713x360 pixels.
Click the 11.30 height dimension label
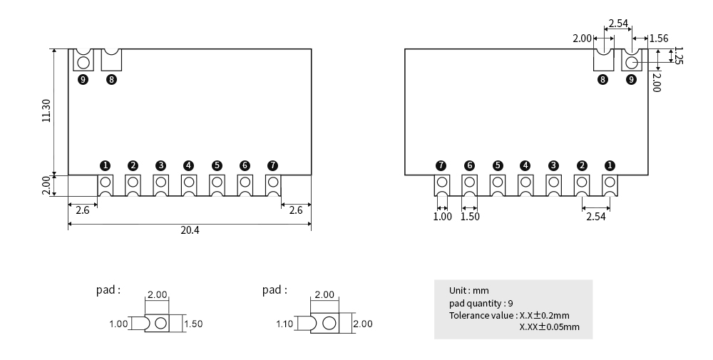[46, 110]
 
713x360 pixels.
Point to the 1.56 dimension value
[658, 38]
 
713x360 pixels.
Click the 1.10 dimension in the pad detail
[284, 324]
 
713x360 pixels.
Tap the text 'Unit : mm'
[468, 291]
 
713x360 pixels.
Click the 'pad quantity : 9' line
[481, 303]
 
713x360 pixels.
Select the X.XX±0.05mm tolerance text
[550, 327]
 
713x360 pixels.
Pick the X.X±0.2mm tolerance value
[545, 315]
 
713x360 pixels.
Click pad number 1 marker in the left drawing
[105, 165]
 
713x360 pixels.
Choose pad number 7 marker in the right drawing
[441, 165]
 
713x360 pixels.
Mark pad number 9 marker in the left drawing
[83, 79]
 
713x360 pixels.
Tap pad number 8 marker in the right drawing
[603, 79]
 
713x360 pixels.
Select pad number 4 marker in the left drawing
[188, 165]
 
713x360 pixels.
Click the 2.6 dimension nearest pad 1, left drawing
[82, 210]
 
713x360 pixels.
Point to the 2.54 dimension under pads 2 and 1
[595, 217]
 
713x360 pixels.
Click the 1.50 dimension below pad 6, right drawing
[470, 217]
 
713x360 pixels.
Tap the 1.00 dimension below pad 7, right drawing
[443, 217]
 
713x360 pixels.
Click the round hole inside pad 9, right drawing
[631, 62]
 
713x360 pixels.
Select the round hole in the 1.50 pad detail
[160, 324]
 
